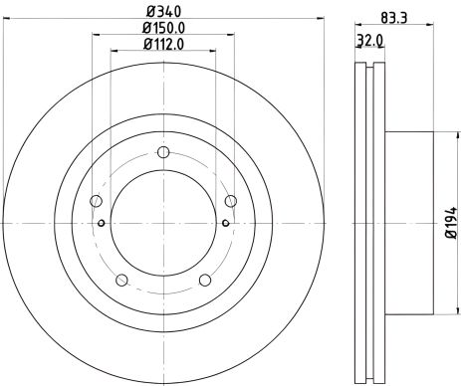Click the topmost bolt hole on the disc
(161, 153)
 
